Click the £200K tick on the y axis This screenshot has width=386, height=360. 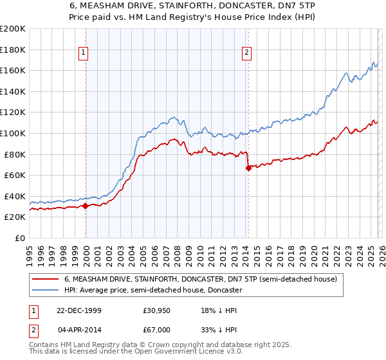point(13,29)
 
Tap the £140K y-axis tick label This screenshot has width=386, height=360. point(13,91)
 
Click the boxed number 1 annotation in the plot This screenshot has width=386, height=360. point(85,53)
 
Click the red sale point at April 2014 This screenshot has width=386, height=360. point(248,168)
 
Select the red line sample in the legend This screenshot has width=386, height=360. point(45,280)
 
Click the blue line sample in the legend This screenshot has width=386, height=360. point(45,291)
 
